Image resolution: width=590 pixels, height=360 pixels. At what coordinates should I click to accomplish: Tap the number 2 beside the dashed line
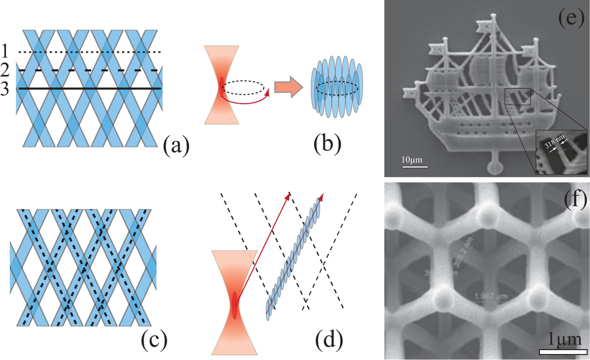6,70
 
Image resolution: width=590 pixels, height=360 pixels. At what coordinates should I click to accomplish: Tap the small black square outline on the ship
517,96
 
